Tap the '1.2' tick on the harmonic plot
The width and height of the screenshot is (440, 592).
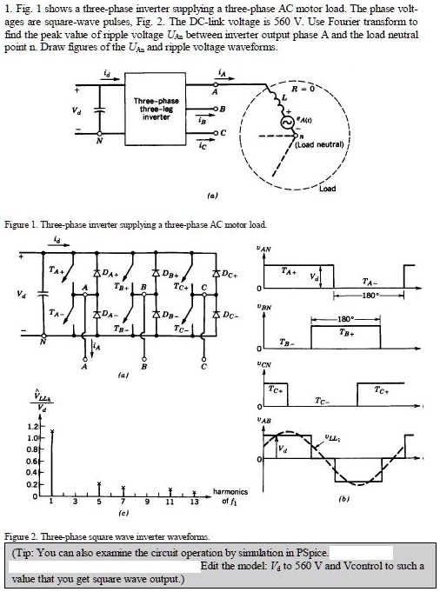(x=29, y=428)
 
